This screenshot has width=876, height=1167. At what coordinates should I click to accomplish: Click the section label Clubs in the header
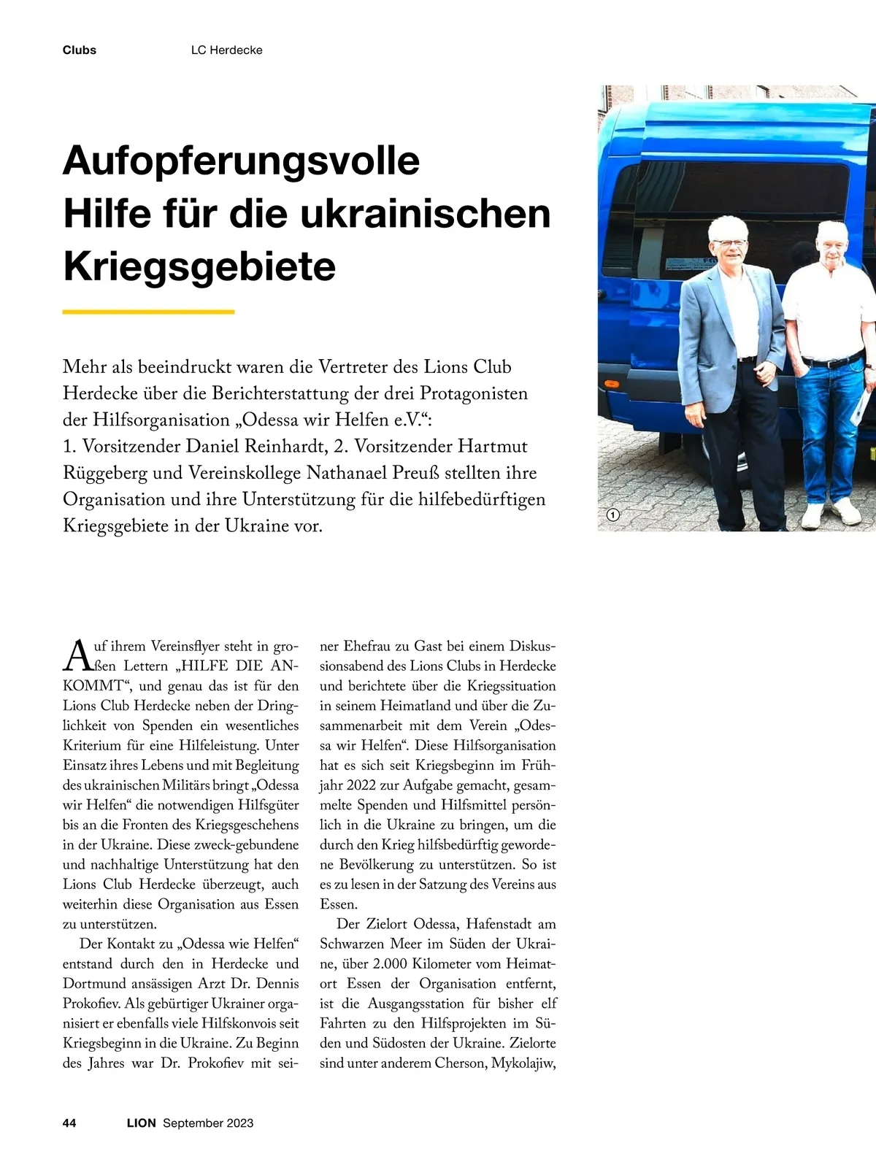pyautogui.click(x=80, y=50)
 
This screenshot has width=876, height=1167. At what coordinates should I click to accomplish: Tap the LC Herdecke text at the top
pyautogui.click(x=226, y=50)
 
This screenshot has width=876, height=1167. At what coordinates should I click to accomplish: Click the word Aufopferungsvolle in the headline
pyautogui.click(x=242, y=161)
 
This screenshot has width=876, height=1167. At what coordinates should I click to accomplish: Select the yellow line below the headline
pyautogui.click(x=149, y=312)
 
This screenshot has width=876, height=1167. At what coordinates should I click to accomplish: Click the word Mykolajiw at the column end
pyautogui.click(x=523, y=1063)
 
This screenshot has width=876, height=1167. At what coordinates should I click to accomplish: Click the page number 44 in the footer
pyautogui.click(x=70, y=1123)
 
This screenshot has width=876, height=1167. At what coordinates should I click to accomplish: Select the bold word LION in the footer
pyautogui.click(x=142, y=1123)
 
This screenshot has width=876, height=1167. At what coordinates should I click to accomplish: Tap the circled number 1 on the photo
pyautogui.click(x=613, y=515)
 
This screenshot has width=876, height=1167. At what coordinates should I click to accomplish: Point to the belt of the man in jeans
pyautogui.click(x=834, y=362)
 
